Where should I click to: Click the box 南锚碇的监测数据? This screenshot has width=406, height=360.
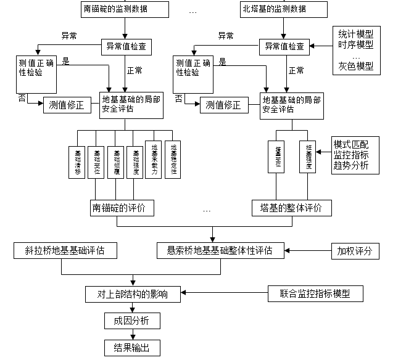click(125, 9)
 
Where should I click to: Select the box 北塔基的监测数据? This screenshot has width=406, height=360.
click(283, 9)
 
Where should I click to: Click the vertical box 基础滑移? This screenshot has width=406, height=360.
click(77, 162)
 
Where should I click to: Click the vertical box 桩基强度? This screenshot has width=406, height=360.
click(307, 157)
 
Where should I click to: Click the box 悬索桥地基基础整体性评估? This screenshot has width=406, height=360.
click(220, 251)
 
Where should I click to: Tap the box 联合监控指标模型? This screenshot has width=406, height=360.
click(315, 293)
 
